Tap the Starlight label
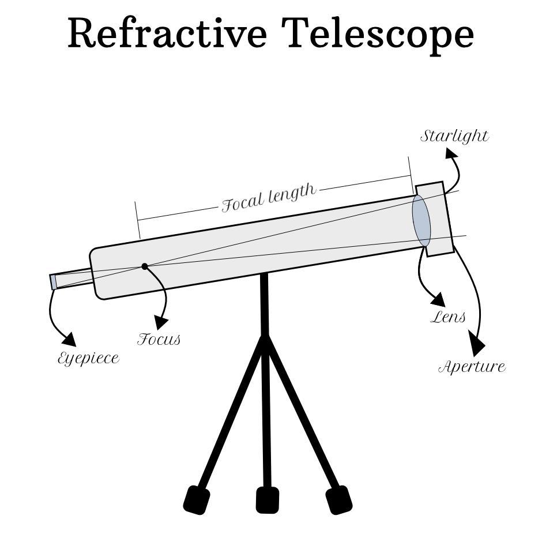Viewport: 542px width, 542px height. (454, 137)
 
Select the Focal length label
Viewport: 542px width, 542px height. (269, 197)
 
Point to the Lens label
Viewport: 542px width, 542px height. (448, 317)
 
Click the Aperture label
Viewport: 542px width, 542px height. (472, 367)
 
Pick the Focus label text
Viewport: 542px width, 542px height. (159, 339)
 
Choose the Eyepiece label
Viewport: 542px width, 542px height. (88, 358)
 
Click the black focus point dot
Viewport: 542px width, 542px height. (145, 266)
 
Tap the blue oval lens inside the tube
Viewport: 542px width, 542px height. (421, 221)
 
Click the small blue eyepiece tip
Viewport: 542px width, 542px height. (53, 282)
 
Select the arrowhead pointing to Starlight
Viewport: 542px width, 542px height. (451, 153)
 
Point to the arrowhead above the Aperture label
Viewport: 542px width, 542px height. (477, 344)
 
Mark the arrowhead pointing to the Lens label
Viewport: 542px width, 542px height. (438, 299)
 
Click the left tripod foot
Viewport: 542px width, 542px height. (197, 499)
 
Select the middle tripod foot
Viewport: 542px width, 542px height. (267, 500)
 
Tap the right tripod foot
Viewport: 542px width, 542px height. (339, 499)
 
